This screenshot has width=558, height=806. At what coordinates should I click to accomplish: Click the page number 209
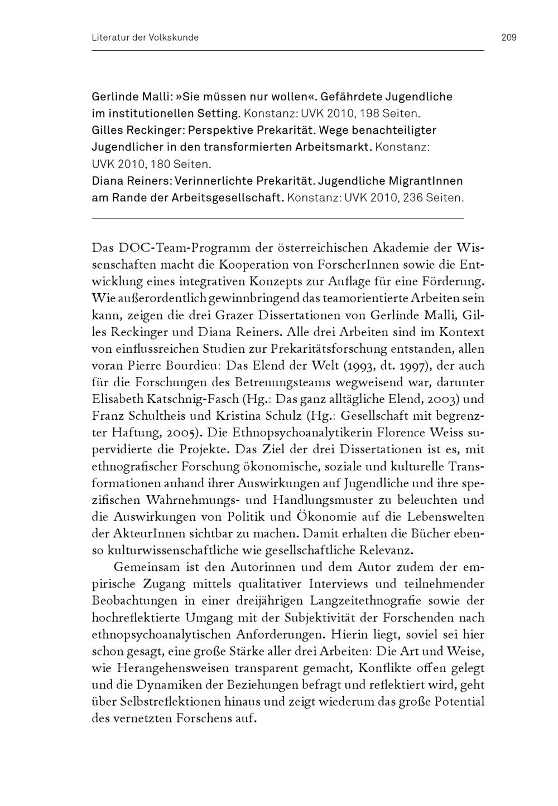tap(508, 37)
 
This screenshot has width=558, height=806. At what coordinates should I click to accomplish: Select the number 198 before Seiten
tap(370, 114)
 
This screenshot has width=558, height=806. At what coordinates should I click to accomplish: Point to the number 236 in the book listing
tap(410, 198)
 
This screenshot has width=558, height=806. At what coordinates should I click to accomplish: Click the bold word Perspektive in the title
tap(219, 130)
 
